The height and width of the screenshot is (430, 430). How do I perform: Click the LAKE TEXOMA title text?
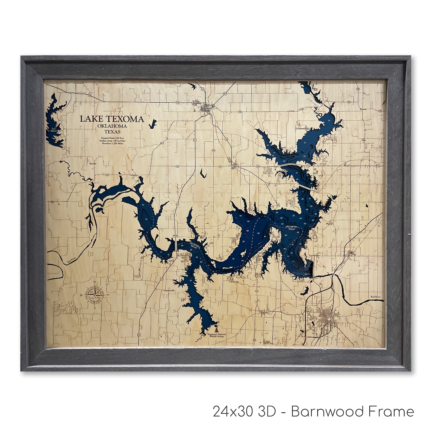click(112, 119)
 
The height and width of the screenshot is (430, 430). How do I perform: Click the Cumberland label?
click(302, 129)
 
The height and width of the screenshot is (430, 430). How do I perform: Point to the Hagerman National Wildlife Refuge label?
click(216, 335)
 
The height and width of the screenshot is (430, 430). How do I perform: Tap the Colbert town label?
click(349, 255)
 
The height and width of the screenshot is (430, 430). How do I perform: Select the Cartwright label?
click(314, 255)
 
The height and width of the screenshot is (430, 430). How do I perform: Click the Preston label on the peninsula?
click(276, 237)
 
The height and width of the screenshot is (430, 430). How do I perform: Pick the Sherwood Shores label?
click(184, 256)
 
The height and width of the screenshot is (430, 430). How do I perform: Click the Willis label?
click(176, 236)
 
